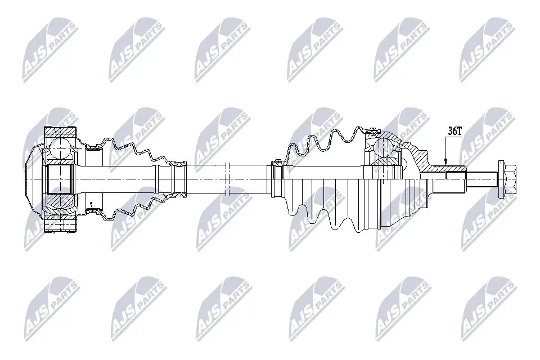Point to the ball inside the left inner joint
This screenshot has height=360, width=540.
pyautogui.click(x=59, y=149)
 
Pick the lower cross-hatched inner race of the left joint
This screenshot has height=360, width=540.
pyautogui.click(x=59, y=200)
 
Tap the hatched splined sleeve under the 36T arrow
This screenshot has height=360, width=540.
pyautogui.click(x=447, y=168)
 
